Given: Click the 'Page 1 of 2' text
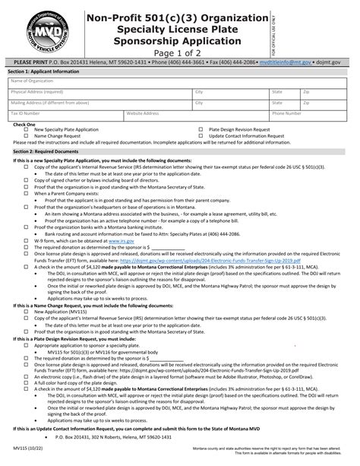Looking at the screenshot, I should pos(178,52).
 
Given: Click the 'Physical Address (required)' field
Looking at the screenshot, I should pos(99,94).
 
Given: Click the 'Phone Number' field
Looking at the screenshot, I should pos(311,116).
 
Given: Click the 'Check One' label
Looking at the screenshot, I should pos(24,124).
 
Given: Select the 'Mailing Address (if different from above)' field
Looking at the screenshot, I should pos(99,104).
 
